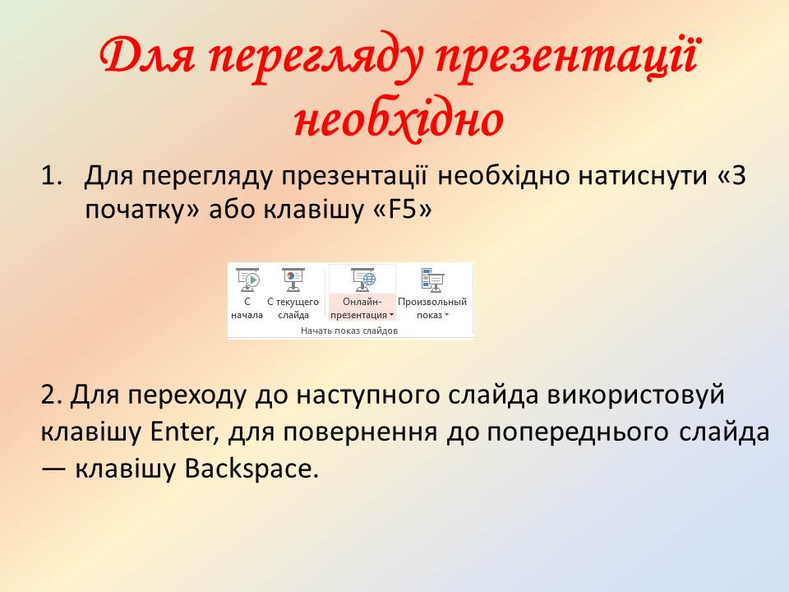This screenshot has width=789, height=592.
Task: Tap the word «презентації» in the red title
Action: (x=566, y=54)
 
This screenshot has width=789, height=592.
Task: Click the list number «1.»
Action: (x=52, y=176)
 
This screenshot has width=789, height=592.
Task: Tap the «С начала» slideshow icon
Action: (x=247, y=280)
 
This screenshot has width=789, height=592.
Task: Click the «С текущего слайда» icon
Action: (x=293, y=280)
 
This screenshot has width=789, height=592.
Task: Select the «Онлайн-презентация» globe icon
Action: (x=363, y=280)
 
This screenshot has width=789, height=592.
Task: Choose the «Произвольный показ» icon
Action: (x=432, y=280)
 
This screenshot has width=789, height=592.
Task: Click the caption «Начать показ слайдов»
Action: (x=349, y=331)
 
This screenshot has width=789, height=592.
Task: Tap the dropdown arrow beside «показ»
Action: (x=446, y=316)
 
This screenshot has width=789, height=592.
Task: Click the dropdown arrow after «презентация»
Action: (x=391, y=316)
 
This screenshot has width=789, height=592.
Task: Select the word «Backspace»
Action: (x=251, y=469)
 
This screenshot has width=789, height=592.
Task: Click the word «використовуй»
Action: (x=635, y=395)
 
